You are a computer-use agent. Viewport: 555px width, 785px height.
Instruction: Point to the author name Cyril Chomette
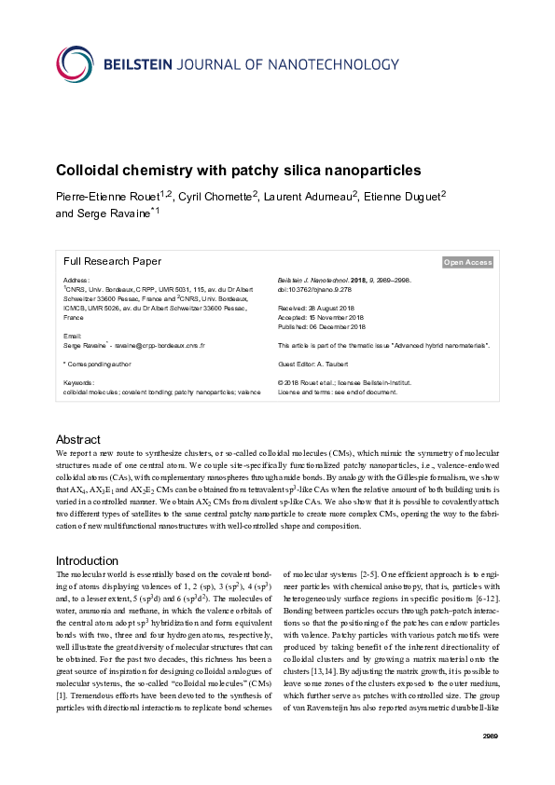(x=215, y=196)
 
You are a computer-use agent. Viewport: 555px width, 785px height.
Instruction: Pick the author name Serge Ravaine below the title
(x=111, y=213)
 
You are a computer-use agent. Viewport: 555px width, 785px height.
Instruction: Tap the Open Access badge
(x=467, y=263)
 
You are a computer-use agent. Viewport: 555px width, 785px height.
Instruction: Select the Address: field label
(x=76, y=280)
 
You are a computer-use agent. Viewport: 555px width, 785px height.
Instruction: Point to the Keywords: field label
(x=78, y=382)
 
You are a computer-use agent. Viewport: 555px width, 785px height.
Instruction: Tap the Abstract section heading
(x=78, y=439)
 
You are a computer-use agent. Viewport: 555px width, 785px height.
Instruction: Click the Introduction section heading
(x=88, y=560)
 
